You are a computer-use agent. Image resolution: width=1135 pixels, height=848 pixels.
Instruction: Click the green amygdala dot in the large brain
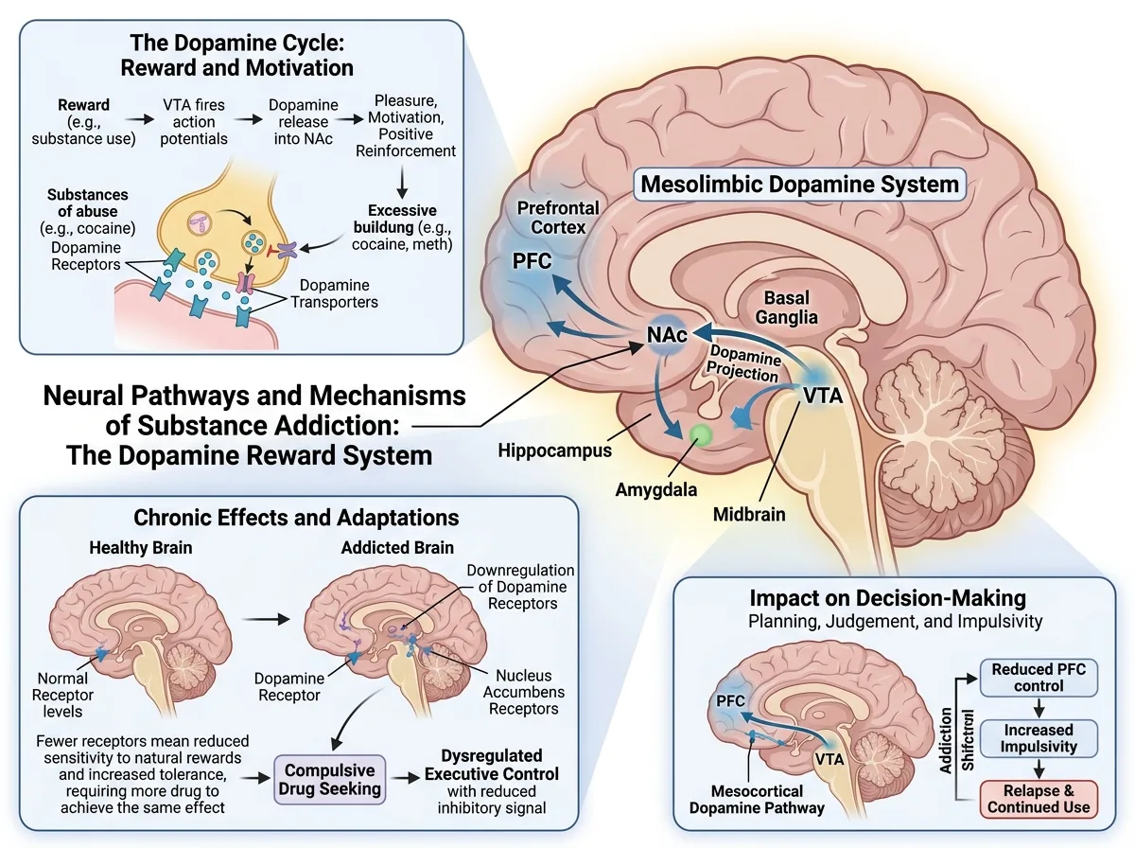(701, 435)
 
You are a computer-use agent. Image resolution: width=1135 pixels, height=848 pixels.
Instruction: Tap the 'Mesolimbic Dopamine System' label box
(799, 185)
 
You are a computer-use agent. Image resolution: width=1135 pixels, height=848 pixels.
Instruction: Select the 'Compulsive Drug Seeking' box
(329, 779)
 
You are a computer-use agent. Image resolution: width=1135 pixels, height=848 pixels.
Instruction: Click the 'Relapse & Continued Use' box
(1039, 800)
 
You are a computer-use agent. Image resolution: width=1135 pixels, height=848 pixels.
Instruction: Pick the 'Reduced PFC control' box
(1039, 678)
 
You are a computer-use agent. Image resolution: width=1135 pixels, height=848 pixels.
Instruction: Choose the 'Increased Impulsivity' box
(1039, 738)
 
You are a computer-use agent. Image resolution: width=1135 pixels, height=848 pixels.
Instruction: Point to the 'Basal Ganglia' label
(787, 308)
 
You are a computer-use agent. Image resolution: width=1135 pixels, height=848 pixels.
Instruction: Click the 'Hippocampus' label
(554, 450)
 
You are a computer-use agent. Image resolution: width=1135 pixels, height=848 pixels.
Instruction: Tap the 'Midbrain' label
(749, 514)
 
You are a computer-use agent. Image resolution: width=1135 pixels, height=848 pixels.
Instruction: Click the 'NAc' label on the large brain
(667, 335)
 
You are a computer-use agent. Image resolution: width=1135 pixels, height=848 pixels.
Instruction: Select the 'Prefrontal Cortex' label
(558, 218)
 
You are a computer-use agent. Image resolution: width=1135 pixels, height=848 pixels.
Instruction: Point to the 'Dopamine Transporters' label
(334, 293)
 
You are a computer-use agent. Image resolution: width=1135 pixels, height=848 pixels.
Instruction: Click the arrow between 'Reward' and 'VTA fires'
(140, 119)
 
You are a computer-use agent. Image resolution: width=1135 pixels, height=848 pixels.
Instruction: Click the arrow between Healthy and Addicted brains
(266, 619)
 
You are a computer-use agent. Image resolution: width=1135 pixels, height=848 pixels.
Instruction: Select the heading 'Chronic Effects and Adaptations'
(296, 518)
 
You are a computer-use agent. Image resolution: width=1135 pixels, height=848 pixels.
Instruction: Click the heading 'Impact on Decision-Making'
(888, 598)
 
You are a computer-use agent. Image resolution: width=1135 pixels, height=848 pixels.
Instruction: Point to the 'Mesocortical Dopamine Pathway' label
(757, 800)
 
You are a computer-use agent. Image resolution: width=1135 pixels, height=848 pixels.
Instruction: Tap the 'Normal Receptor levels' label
(62, 695)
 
